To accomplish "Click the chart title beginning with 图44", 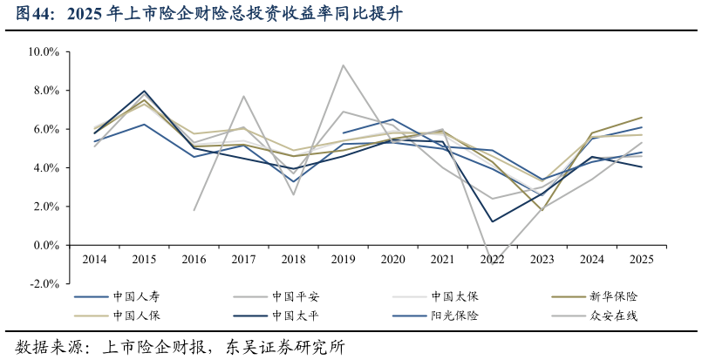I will click(210, 15).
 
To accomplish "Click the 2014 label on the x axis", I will click(94, 259).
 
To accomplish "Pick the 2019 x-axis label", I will click(343, 259).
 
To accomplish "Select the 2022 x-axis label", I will click(492, 259).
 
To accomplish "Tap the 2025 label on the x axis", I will click(641, 259).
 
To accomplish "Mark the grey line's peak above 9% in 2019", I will click(343, 65).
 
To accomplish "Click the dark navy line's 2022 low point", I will click(492, 221).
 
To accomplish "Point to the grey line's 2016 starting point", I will click(194, 210).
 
